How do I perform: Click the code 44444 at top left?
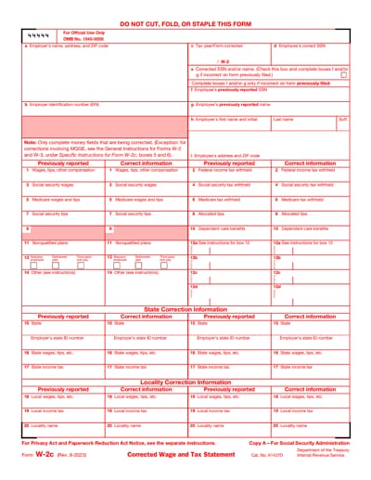tap(38, 33)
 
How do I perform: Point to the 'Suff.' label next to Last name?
tap(342, 119)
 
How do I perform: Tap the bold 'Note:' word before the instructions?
tap(31, 143)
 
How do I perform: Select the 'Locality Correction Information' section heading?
tap(185, 382)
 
